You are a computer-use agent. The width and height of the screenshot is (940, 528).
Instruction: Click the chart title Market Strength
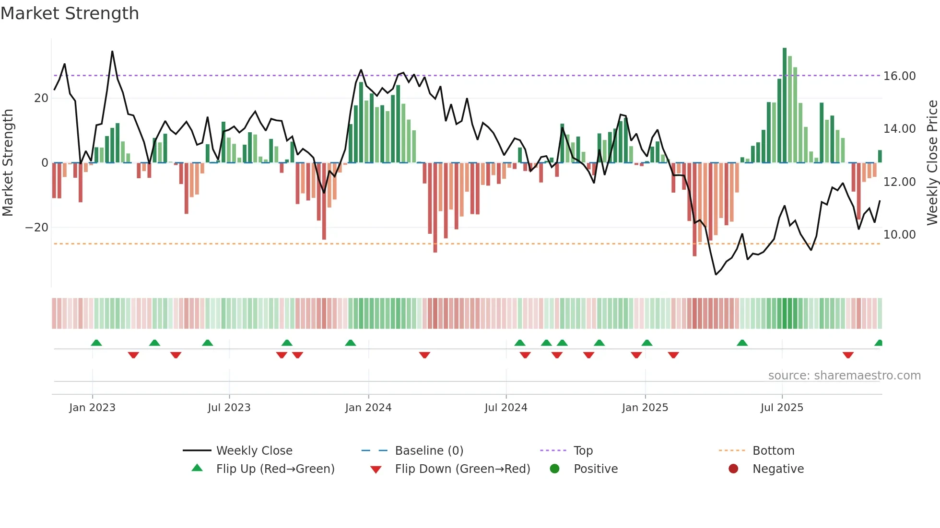click(70, 13)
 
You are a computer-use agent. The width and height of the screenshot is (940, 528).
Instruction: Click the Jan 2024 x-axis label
click(368, 407)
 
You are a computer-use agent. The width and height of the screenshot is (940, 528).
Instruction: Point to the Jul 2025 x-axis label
click(781, 407)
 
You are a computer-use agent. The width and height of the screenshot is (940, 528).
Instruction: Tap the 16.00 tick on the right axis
click(899, 76)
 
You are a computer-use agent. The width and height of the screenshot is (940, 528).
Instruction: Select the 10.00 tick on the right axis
click(899, 235)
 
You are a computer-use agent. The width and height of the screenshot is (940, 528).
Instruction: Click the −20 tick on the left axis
click(37, 228)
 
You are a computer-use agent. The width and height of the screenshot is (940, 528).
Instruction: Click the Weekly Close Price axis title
click(932, 163)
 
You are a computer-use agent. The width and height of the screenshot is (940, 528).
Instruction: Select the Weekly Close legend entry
click(254, 450)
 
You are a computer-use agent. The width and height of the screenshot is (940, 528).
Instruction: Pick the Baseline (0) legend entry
click(429, 450)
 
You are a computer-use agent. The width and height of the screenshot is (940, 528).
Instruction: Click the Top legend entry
click(583, 450)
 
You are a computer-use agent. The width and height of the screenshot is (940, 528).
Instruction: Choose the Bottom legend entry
click(773, 450)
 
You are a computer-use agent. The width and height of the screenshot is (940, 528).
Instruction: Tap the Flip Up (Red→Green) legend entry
click(275, 469)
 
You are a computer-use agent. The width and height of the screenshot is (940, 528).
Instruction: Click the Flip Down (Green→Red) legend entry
click(462, 469)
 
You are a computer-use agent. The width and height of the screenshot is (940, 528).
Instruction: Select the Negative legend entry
click(777, 469)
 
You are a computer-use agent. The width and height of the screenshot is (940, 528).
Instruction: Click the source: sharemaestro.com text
click(844, 375)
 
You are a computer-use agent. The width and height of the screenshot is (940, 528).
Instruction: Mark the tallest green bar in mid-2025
click(785, 105)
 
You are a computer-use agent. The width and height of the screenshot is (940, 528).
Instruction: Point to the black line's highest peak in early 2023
click(112, 52)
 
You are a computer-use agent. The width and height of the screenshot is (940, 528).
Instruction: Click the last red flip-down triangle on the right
click(847, 355)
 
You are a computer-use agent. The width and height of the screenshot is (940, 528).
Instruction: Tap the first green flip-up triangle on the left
click(96, 343)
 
